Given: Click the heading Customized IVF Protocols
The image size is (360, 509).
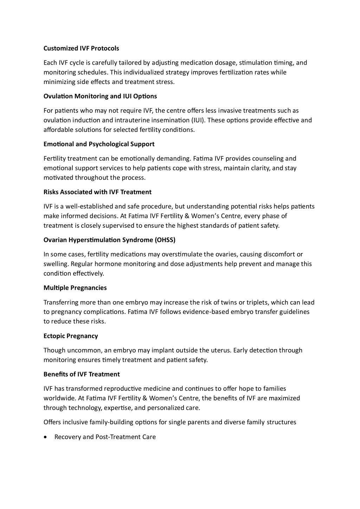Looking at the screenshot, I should [x=81, y=48].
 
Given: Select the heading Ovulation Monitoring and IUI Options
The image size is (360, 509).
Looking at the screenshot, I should [x=100, y=96].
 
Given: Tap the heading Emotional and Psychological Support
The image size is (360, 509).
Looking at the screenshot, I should [x=99, y=144].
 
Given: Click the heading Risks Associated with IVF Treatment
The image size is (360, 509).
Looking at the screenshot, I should [x=97, y=192].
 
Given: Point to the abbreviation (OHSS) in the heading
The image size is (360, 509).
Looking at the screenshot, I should [x=165, y=240].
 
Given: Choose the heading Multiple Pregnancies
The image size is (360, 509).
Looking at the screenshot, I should [x=75, y=288].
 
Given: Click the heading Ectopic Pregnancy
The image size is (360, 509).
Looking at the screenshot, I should [x=71, y=336].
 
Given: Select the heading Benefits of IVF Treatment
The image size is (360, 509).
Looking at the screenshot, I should [x=82, y=374].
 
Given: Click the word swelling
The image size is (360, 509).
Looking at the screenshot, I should [x=55, y=264].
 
